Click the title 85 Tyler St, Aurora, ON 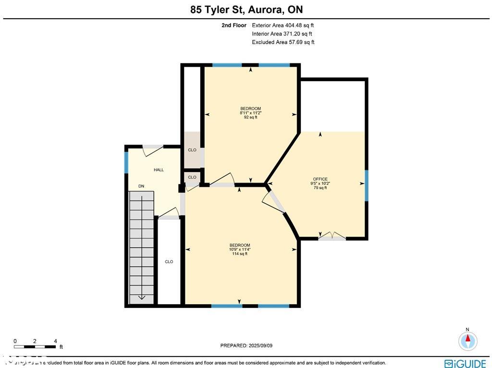click(246, 9)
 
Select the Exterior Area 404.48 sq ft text click(283, 25)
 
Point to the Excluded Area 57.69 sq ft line click(283, 42)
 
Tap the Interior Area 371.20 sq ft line click(282, 34)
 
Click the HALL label click(159, 170)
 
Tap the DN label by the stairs click(141, 186)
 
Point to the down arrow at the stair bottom click(141, 297)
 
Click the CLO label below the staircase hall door click(169, 262)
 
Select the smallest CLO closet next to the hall click(192, 177)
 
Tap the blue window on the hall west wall click(127, 162)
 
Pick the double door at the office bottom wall click(332, 236)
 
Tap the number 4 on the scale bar click(55, 341)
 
